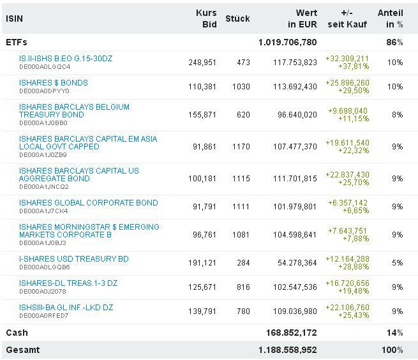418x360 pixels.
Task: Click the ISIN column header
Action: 15,19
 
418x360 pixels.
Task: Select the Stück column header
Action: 237,19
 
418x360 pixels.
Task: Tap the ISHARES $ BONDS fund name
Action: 54,83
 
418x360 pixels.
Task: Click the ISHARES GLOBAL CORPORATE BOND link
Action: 89,203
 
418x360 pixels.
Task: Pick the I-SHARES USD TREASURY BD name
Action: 74,259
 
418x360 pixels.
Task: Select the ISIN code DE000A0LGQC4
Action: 45,66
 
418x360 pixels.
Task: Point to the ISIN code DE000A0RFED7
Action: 43,315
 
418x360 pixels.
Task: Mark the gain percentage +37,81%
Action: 355,66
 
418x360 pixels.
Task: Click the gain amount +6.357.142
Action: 348,203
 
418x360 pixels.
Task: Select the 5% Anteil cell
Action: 397,263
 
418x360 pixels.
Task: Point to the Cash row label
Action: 17,333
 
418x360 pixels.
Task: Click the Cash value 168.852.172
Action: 291,333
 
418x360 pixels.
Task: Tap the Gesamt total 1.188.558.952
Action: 287,350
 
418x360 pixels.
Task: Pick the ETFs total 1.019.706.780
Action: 287,42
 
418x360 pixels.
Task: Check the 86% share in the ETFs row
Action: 395,42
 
